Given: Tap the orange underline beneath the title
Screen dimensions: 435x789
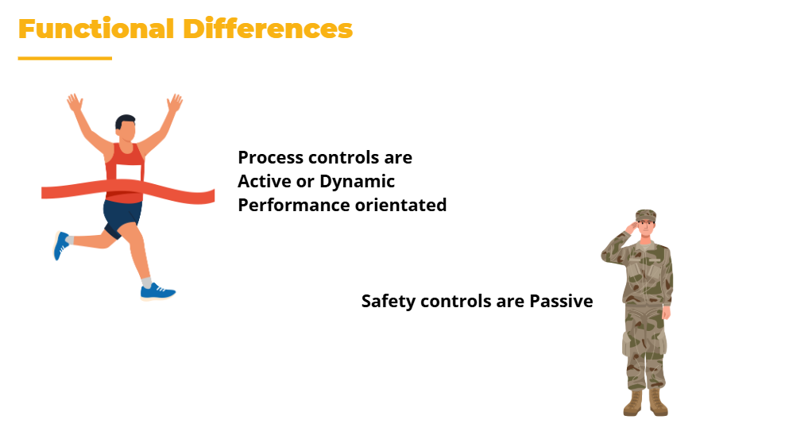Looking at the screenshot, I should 64,58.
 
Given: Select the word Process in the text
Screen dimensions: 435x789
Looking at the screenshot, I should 270,158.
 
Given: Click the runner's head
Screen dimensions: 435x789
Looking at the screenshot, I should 126,128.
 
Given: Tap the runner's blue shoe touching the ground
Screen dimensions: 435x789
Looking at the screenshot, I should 157,292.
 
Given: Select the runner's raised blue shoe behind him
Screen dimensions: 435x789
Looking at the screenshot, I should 61,245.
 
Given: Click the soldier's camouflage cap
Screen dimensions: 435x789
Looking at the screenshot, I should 646,215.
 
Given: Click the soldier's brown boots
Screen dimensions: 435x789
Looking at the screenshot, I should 645,403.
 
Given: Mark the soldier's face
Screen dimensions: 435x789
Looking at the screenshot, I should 646,229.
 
